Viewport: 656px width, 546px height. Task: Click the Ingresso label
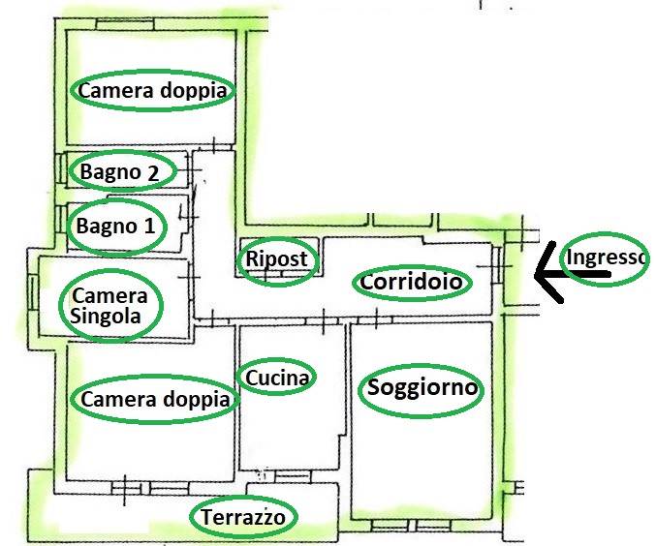coord(605,258)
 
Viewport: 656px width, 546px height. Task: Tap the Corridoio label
coord(413,283)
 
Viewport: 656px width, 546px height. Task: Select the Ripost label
coord(277,259)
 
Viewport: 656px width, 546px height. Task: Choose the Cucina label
coord(278,378)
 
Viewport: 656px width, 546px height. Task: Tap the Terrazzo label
coord(243,518)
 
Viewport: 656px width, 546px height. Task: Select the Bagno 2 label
coord(122,172)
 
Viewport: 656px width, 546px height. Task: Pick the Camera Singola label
coord(110,305)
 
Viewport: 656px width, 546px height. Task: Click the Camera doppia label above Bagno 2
coord(154,91)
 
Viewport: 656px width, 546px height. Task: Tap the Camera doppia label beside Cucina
coord(155,400)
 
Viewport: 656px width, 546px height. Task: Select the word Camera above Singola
coord(110,295)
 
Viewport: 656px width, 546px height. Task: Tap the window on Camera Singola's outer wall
coord(33,290)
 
